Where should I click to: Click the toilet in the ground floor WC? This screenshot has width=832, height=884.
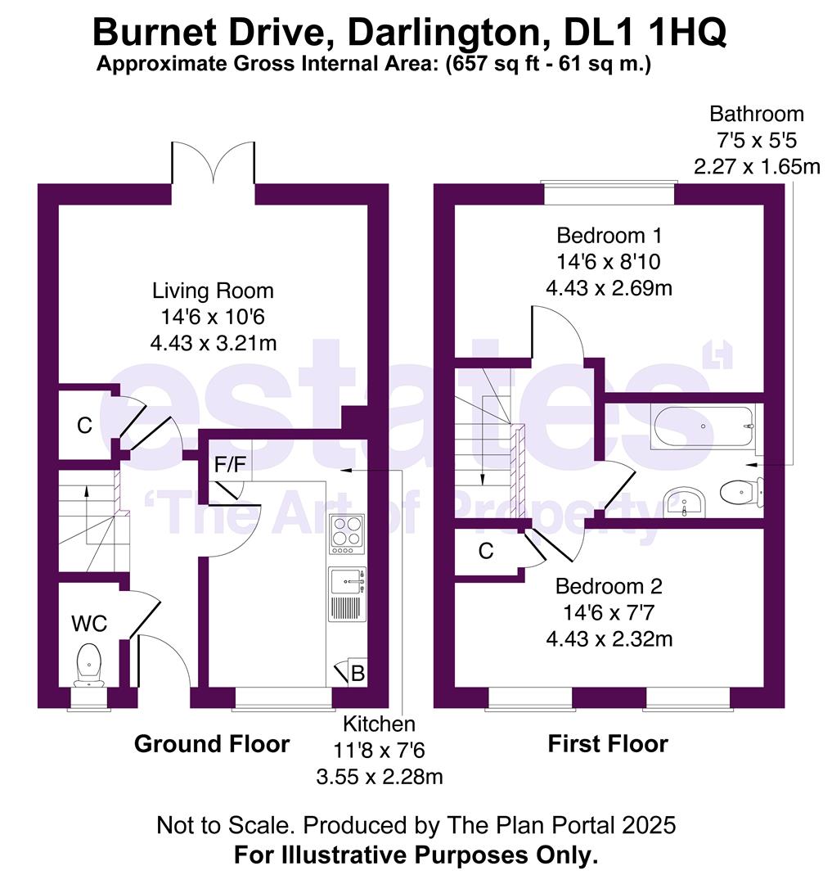[x=89, y=664]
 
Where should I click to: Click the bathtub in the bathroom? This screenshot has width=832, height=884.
[x=703, y=426]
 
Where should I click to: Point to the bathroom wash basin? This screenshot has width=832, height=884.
[x=686, y=501]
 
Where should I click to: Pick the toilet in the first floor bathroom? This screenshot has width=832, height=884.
[x=741, y=491]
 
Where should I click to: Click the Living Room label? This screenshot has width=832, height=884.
[x=213, y=291]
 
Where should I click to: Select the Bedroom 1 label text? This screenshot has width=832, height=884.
[x=609, y=236]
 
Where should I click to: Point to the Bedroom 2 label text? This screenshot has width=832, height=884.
[x=609, y=586]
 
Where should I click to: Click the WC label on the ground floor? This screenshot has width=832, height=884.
[x=89, y=624]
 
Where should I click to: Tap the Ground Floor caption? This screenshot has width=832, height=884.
[x=212, y=744]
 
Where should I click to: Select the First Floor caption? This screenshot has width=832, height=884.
[x=608, y=744]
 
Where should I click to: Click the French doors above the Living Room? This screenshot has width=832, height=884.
[x=213, y=164]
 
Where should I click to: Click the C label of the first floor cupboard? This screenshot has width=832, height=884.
[x=486, y=552]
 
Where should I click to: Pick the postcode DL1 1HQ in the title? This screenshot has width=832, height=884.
[x=645, y=34]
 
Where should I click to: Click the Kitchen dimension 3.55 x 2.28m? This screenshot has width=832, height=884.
[x=380, y=776]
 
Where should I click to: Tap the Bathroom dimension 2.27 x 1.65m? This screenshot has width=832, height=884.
[x=757, y=167]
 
